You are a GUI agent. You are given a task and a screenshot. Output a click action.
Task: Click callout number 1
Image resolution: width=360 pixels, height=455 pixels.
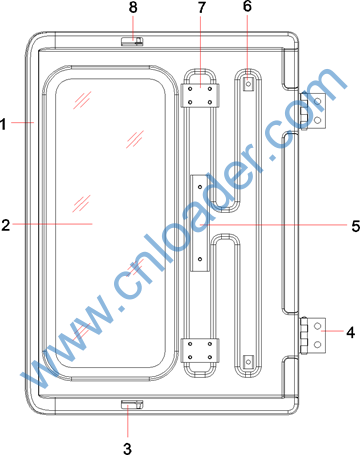[3, 124]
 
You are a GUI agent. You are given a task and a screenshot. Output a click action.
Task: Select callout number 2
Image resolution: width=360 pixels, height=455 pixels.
[6, 225]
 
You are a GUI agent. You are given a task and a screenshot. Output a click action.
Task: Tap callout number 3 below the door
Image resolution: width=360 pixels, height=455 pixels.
[127, 448]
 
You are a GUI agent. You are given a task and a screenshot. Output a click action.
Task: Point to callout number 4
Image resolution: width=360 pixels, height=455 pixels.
[350, 332]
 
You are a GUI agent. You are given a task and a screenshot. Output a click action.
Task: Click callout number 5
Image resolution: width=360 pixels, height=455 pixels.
[355, 226]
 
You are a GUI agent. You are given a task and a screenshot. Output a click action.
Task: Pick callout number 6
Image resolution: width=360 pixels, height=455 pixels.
[247, 6]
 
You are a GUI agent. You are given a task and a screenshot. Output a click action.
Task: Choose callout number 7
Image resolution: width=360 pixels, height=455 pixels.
[202, 7]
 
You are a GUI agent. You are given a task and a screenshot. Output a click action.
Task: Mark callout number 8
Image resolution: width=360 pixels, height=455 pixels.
[133, 7]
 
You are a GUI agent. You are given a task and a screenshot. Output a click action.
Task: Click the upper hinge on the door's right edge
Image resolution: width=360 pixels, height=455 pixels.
[312, 110]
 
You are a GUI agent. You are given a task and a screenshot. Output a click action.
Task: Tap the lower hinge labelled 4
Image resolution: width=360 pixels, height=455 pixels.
[313, 335]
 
